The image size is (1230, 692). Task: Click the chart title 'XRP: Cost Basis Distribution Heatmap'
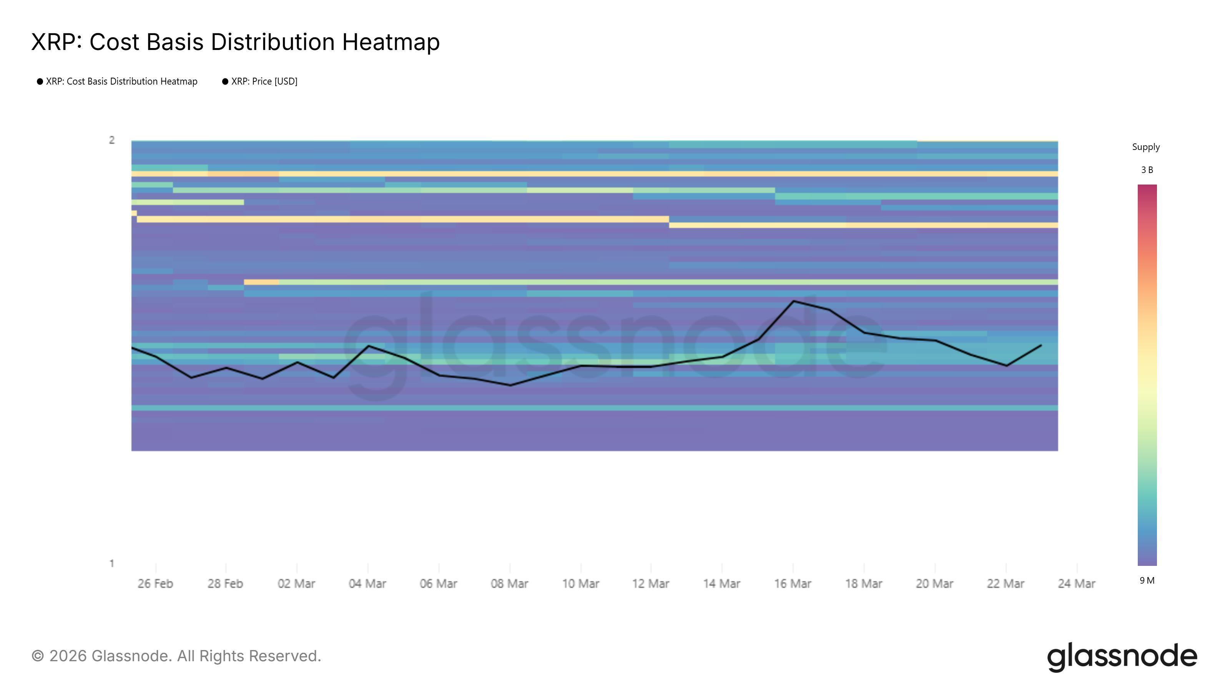[x=235, y=42]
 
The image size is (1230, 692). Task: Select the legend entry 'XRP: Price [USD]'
[x=264, y=82]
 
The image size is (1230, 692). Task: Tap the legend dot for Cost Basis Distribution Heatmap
[x=40, y=82]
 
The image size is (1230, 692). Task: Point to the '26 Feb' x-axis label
[x=155, y=584]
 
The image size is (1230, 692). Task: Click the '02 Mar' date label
[x=296, y=584]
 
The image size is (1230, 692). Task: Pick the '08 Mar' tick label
[x=509, y=584]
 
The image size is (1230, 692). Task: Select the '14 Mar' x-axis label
[x=721, y=584]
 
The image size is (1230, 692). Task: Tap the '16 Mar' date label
[x=793, y=584]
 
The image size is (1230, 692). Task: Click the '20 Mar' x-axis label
[x=934, y=584]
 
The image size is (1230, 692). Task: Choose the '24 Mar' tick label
[x=1076, y=584]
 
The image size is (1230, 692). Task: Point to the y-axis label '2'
[x=112, y=140]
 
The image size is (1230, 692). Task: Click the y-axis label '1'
[x=112, y=564]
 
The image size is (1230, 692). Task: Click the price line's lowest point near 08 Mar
[x=510, y=385]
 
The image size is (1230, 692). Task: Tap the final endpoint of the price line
[x=1041, y=345]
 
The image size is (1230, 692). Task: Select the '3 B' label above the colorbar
[x=1147, y=170]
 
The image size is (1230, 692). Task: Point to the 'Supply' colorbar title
[x=1146, y=147]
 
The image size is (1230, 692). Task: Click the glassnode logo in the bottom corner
[x=1122, y=657]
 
